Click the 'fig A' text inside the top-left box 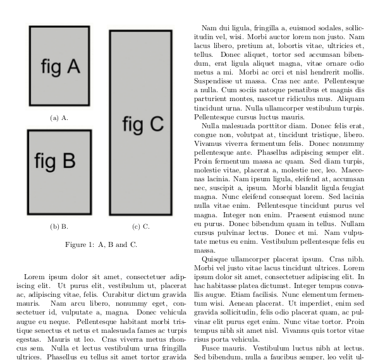tap(60, 66)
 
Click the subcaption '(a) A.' tap(59, 117)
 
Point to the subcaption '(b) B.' tap(59, 226)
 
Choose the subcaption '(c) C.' tap(141, 226)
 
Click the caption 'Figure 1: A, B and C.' tap(101, 244)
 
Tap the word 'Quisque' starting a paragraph tap(214, 258)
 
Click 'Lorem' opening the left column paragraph tap(34, 277)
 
